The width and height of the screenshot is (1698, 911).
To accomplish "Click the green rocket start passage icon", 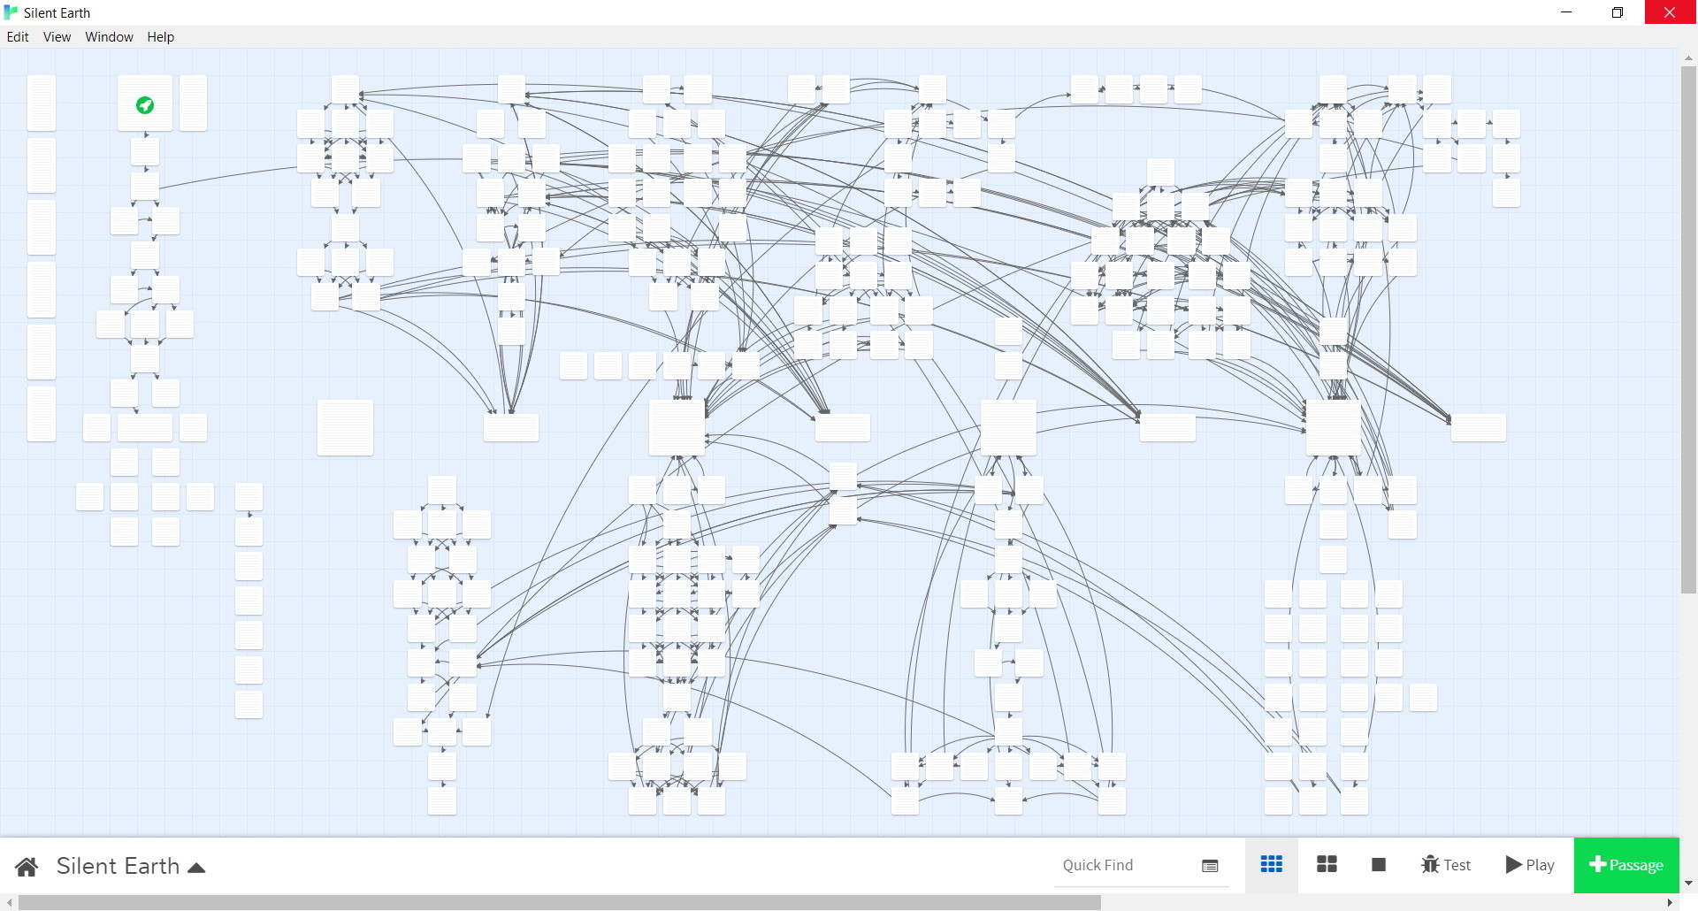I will (x=145, y=105).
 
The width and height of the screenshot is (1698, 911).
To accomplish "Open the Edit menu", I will (x=18, y=37).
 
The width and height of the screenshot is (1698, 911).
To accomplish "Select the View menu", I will (x=57, y=37).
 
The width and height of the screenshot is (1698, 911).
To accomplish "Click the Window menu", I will (x=109, y=37).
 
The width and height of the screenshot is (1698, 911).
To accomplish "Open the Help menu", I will (x=160, y=37).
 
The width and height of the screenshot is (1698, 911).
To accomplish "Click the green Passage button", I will (x=1625, y=865).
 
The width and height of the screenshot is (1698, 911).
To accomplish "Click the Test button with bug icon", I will (x=1446, y=865).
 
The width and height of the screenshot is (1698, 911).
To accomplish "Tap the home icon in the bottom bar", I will (x=27, y=867).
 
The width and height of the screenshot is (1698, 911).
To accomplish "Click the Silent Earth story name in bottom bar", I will (x=118, y=866).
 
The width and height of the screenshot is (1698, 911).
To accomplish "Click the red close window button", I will (x=1670, y=12).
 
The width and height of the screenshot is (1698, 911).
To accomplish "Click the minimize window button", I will (x=1566, y=12).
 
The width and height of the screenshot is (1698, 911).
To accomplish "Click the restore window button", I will (x=1618, y=12).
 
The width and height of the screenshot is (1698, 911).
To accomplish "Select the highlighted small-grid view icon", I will (x=1272, y=864).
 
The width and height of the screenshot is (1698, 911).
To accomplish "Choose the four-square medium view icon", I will (x=1327, y=864).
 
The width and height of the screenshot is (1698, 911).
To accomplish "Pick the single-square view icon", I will (x=1378, y=864).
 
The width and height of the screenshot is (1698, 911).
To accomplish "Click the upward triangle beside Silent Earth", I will (x=196, y=868).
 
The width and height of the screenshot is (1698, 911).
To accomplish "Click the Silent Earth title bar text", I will (x=57, y=12).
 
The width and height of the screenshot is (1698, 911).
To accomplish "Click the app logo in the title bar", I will (x=11, y=12).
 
